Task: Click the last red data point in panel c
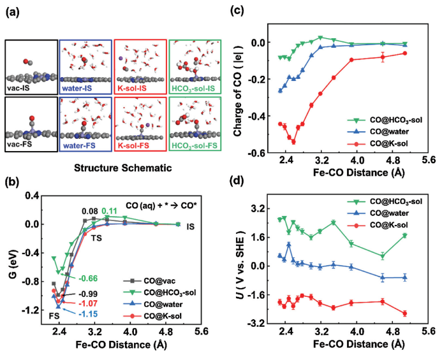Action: (404, 53)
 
